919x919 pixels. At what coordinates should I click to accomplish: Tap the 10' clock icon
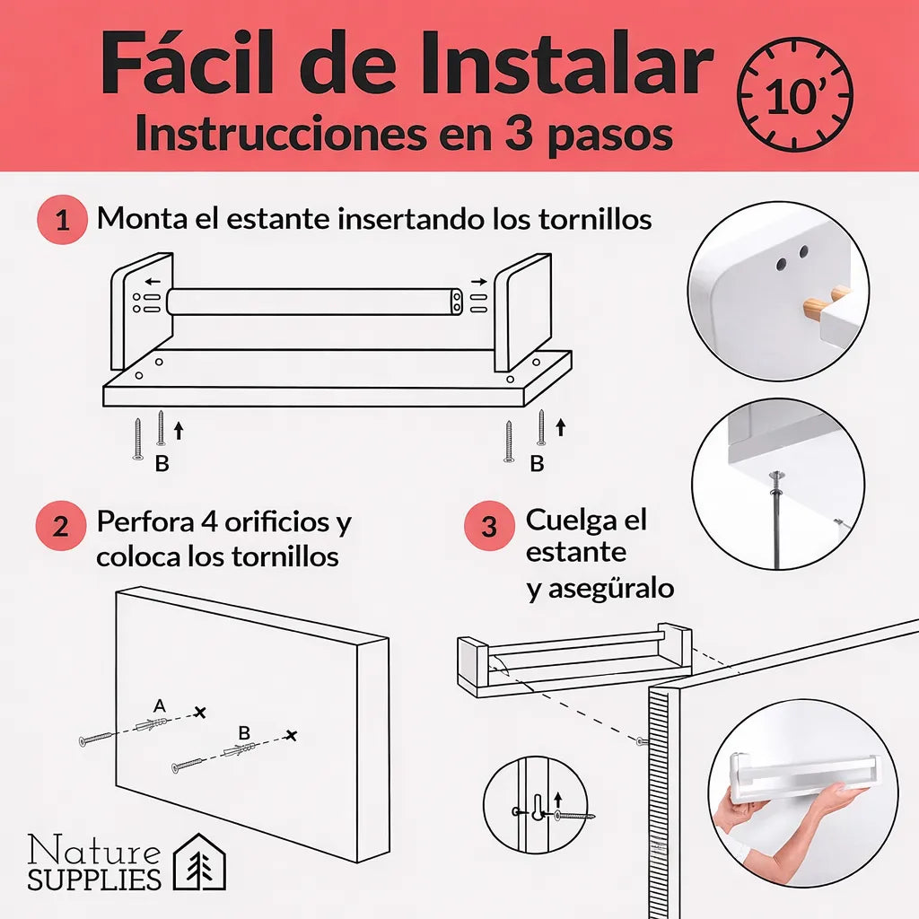794,94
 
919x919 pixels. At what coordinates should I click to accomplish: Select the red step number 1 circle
62,220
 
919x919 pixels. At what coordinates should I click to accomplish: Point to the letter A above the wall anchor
160,706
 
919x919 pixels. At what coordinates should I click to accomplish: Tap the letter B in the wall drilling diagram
244,732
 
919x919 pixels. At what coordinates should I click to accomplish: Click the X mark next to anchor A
199,712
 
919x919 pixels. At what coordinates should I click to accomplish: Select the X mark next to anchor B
290,736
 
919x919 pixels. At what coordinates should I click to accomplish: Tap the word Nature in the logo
94,850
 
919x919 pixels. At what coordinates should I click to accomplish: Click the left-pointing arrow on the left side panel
146,280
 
